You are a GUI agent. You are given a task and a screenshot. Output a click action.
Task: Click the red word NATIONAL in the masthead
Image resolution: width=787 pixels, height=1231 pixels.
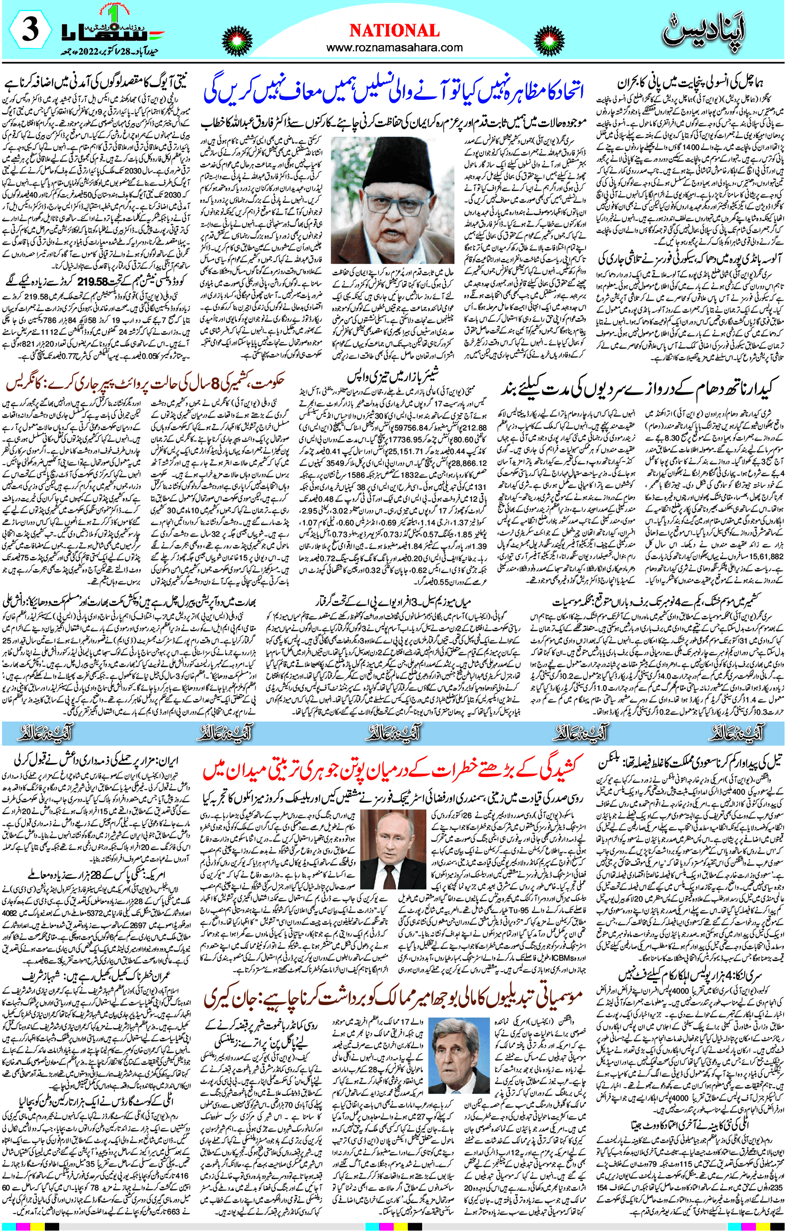(x=394, y=31)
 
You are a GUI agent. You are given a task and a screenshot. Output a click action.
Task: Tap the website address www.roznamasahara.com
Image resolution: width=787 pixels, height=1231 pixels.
(x=394, y=47)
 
